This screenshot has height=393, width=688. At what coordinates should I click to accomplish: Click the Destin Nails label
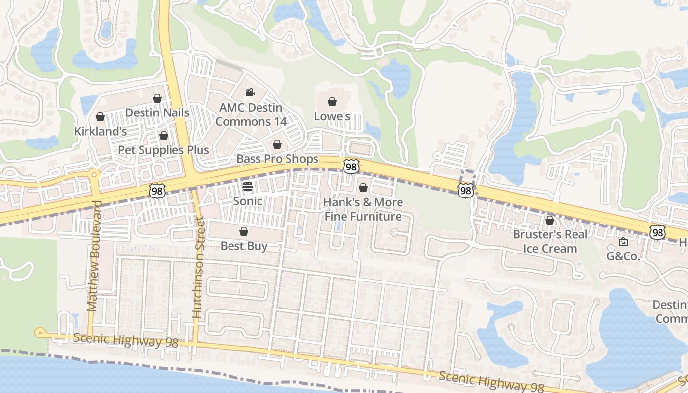157,112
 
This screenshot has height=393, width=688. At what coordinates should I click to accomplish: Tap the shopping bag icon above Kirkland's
100,117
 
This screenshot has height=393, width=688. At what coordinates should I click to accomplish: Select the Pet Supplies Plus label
164,150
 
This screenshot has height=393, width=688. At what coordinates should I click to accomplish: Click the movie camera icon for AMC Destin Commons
250,92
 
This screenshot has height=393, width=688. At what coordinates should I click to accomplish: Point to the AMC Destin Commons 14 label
251,114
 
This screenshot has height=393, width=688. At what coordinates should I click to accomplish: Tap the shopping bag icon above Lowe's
332,102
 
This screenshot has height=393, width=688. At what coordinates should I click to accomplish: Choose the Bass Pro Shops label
277,159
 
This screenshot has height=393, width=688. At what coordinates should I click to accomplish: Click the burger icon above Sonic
248,187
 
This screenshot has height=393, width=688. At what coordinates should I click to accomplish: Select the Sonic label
248,201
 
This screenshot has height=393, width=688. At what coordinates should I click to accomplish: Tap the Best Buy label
244,246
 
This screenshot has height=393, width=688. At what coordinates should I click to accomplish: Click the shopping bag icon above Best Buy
244,231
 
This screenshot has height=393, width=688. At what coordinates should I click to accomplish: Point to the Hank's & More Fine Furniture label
363,209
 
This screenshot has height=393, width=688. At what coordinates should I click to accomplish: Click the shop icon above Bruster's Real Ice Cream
550,220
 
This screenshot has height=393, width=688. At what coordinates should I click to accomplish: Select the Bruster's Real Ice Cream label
550,241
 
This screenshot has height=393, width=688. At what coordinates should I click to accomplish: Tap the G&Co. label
623,255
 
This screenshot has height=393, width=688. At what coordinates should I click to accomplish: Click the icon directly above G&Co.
623,242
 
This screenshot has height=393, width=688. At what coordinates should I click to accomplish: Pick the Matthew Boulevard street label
94,255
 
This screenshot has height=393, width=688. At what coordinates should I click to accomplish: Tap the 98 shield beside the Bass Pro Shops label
351,167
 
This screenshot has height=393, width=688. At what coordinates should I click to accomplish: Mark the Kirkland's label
100,131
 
